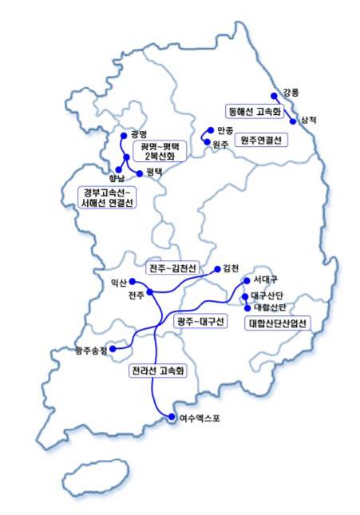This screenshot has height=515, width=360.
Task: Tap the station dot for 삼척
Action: click(294, 121)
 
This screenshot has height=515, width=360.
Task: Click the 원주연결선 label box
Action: click(263, 141)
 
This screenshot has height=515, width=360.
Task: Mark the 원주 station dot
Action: click(207, 144)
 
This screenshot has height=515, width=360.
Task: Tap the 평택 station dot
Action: click(140, 172)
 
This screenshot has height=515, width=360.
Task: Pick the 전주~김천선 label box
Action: click(173, 267)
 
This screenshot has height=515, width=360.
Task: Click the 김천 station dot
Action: click(218, 268)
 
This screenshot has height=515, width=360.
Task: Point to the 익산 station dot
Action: click(133, 283)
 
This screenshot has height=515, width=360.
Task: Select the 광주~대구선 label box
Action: click(200, 322)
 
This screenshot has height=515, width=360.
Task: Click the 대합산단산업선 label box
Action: click(279, 323)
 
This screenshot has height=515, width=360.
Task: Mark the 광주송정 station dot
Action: click(113, 348)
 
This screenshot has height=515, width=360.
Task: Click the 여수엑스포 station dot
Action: click(171, 416)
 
